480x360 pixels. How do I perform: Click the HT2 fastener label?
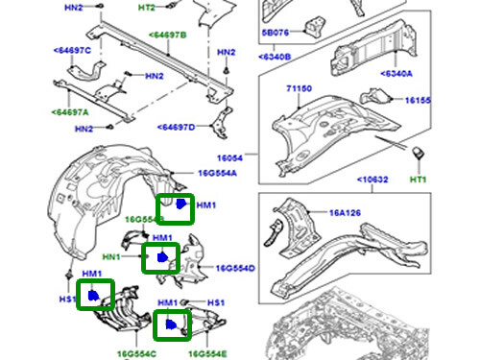(x=146, y=7)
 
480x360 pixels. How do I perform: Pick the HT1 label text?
(x=418, y=180)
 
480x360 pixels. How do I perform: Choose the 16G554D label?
(x=235, y=268)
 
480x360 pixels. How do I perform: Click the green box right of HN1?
(x=159, y=257)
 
